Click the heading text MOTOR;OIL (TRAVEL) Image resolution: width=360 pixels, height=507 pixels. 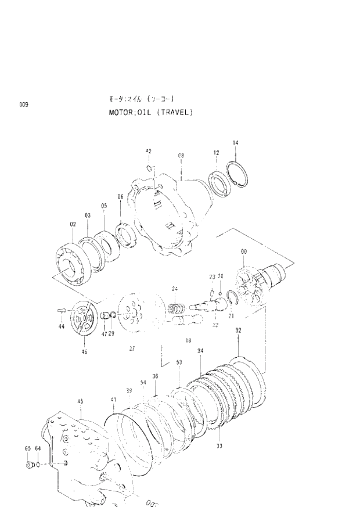pyautogui.click(x=150, y=112)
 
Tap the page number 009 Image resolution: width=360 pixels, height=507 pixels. pyautogui.click(x=23, y=105)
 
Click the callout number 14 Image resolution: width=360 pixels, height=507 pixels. pyautogui.click(x=235, y=142)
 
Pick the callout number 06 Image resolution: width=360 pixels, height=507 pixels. pyautogui.click(x=120, y=196)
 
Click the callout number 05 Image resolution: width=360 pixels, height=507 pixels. pyautogui.click(x=104, y=206)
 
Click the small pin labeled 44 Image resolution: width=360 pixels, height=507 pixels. pyautogui.click(x=60, y=311)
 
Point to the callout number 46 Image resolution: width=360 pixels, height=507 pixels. pyautogui.click(x=84, y=351)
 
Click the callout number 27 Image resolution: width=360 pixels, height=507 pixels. pyautogui.click(x=132, y=348)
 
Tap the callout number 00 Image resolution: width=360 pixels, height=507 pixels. pyautogui.click(x=243, y=251)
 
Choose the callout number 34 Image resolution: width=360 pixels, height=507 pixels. pyautogui.click(x=200, y=351)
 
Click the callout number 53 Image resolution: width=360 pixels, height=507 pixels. pyautogui.click(x=179, y=362)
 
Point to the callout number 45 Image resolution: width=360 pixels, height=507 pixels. pyautogui.click(x=80, y=401)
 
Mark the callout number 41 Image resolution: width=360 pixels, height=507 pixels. pyautogui.click(x=114, y=400)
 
